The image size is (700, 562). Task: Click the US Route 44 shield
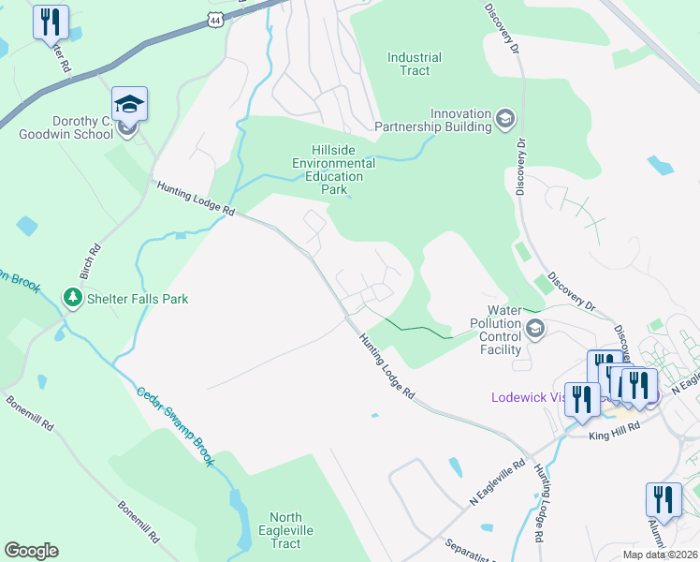[217, 19]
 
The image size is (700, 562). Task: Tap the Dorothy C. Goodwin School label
[65, 127]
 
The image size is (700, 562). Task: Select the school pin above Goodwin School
[130, 104]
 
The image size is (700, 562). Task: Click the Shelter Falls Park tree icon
[72, 297]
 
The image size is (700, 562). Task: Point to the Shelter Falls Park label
[138, 299]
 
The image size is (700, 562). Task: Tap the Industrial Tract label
[415, 64]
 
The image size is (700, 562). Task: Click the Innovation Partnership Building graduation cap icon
[505, 118]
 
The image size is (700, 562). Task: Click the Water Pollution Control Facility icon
[535, 328]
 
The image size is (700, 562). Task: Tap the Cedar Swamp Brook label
[176, 427]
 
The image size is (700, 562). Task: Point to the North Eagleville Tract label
[285, 530]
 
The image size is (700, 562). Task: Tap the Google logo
[31, 551]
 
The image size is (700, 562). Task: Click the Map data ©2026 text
[659, 555]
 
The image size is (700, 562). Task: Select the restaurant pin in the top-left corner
[51, 22]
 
